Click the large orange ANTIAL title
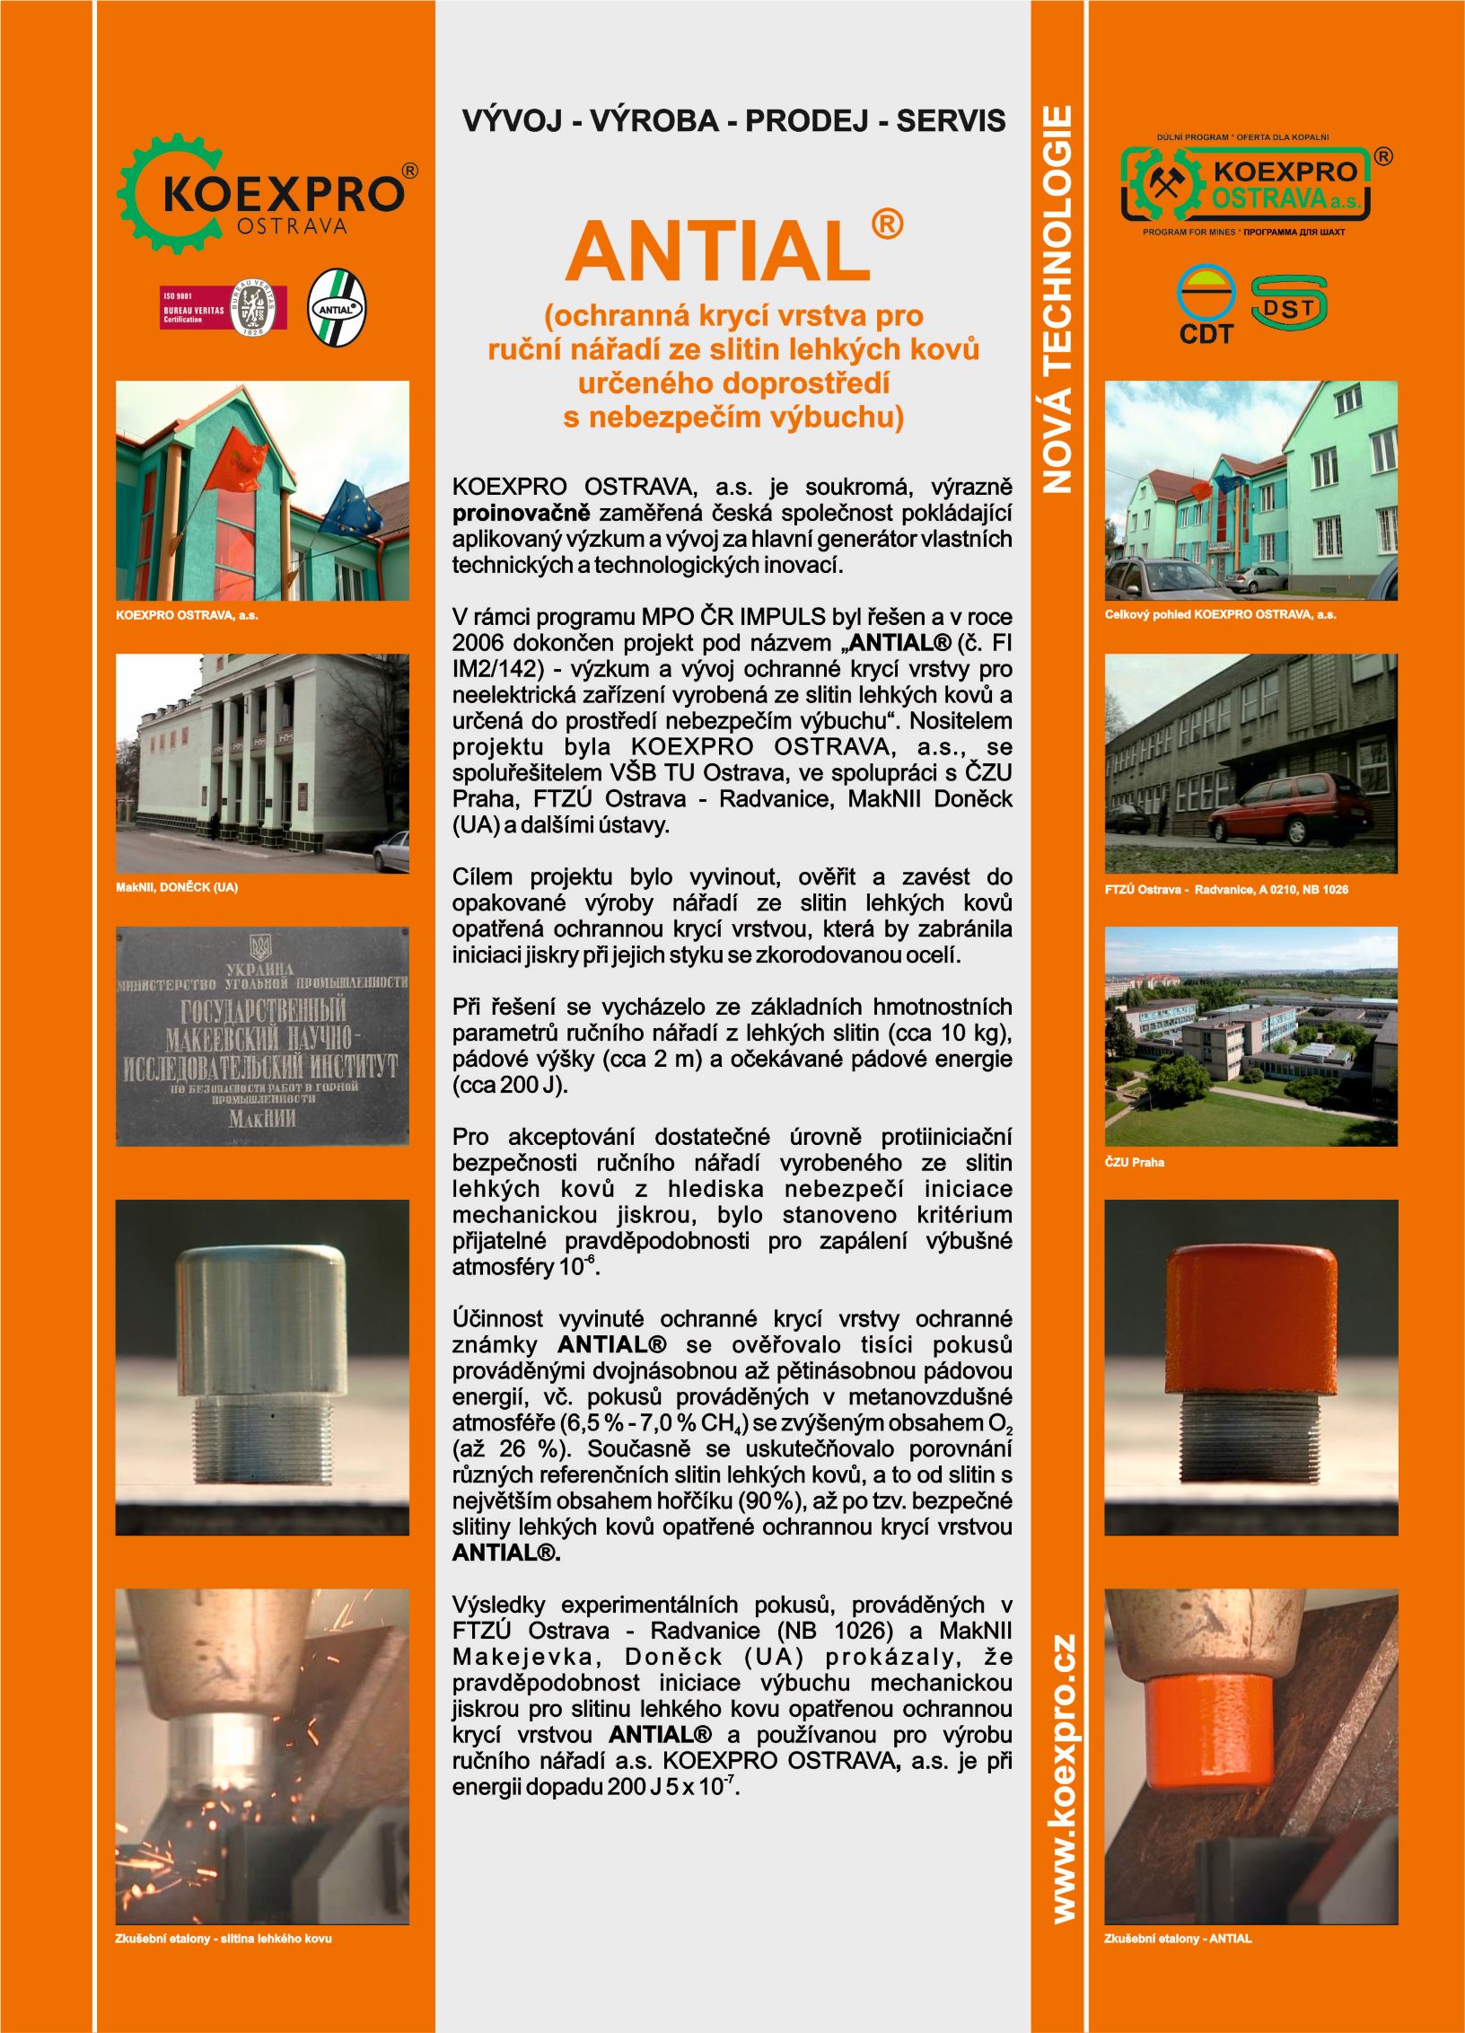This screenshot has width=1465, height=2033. tap(718, 251)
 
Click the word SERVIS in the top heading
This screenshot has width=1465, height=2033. tap(951, 121)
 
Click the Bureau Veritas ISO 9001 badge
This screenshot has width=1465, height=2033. tap(223, 308)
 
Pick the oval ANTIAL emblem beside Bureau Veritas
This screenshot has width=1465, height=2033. tap(337, 308)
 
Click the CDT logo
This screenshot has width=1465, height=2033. tap(1206, 305)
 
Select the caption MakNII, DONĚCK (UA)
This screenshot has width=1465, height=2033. tap(177, 887)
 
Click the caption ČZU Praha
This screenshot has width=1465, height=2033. tap(1134, 1162)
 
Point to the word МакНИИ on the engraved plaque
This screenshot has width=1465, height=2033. tap(261, 1119)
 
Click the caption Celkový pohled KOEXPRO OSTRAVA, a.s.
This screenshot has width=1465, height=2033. tap(1220, 615)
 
